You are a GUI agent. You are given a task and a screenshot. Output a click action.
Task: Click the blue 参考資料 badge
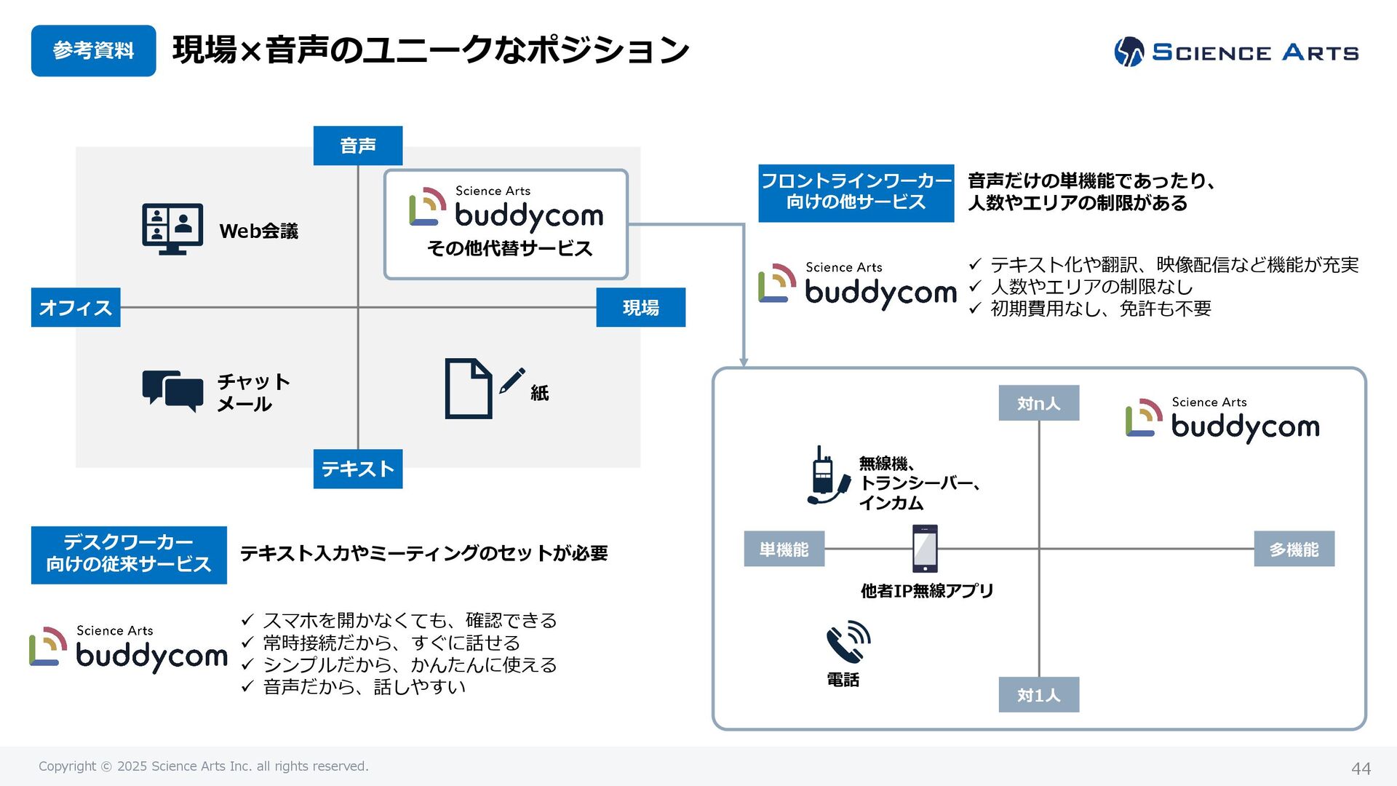coord(93,51)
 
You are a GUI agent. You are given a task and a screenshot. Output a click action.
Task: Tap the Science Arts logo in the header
coord(1236,52)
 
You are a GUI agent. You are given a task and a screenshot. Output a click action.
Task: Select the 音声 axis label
coord(357,146)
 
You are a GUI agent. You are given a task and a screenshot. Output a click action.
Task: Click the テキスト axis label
coord(357,469)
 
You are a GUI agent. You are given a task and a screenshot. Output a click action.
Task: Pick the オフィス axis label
coord(76,307)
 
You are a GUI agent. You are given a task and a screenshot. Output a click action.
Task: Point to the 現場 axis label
coord(640,307)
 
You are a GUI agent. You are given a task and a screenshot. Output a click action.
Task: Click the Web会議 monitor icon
coord(172,229)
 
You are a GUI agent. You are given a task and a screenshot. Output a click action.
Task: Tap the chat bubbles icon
coord(172,390)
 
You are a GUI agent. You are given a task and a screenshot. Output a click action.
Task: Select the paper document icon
coord(468,389)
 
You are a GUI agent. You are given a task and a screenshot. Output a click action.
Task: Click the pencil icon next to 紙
coord(512,381)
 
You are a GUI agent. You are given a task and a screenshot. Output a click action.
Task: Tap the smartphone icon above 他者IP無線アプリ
coord(925,549)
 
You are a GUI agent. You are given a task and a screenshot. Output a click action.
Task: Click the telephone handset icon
coord(848,642)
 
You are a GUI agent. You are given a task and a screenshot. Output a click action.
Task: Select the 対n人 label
coord(1038,403)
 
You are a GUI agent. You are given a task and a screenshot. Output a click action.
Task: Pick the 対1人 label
coord(1038,695)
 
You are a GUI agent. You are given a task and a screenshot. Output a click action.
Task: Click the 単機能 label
coord(784,549)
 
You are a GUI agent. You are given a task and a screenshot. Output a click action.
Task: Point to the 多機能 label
coord(1294,549)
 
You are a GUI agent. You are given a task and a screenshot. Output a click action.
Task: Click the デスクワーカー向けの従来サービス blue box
coord(129,555)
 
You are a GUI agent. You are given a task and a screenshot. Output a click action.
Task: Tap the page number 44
coord(1361,769)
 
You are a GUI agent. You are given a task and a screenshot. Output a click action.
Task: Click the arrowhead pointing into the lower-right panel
coord(744,362)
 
